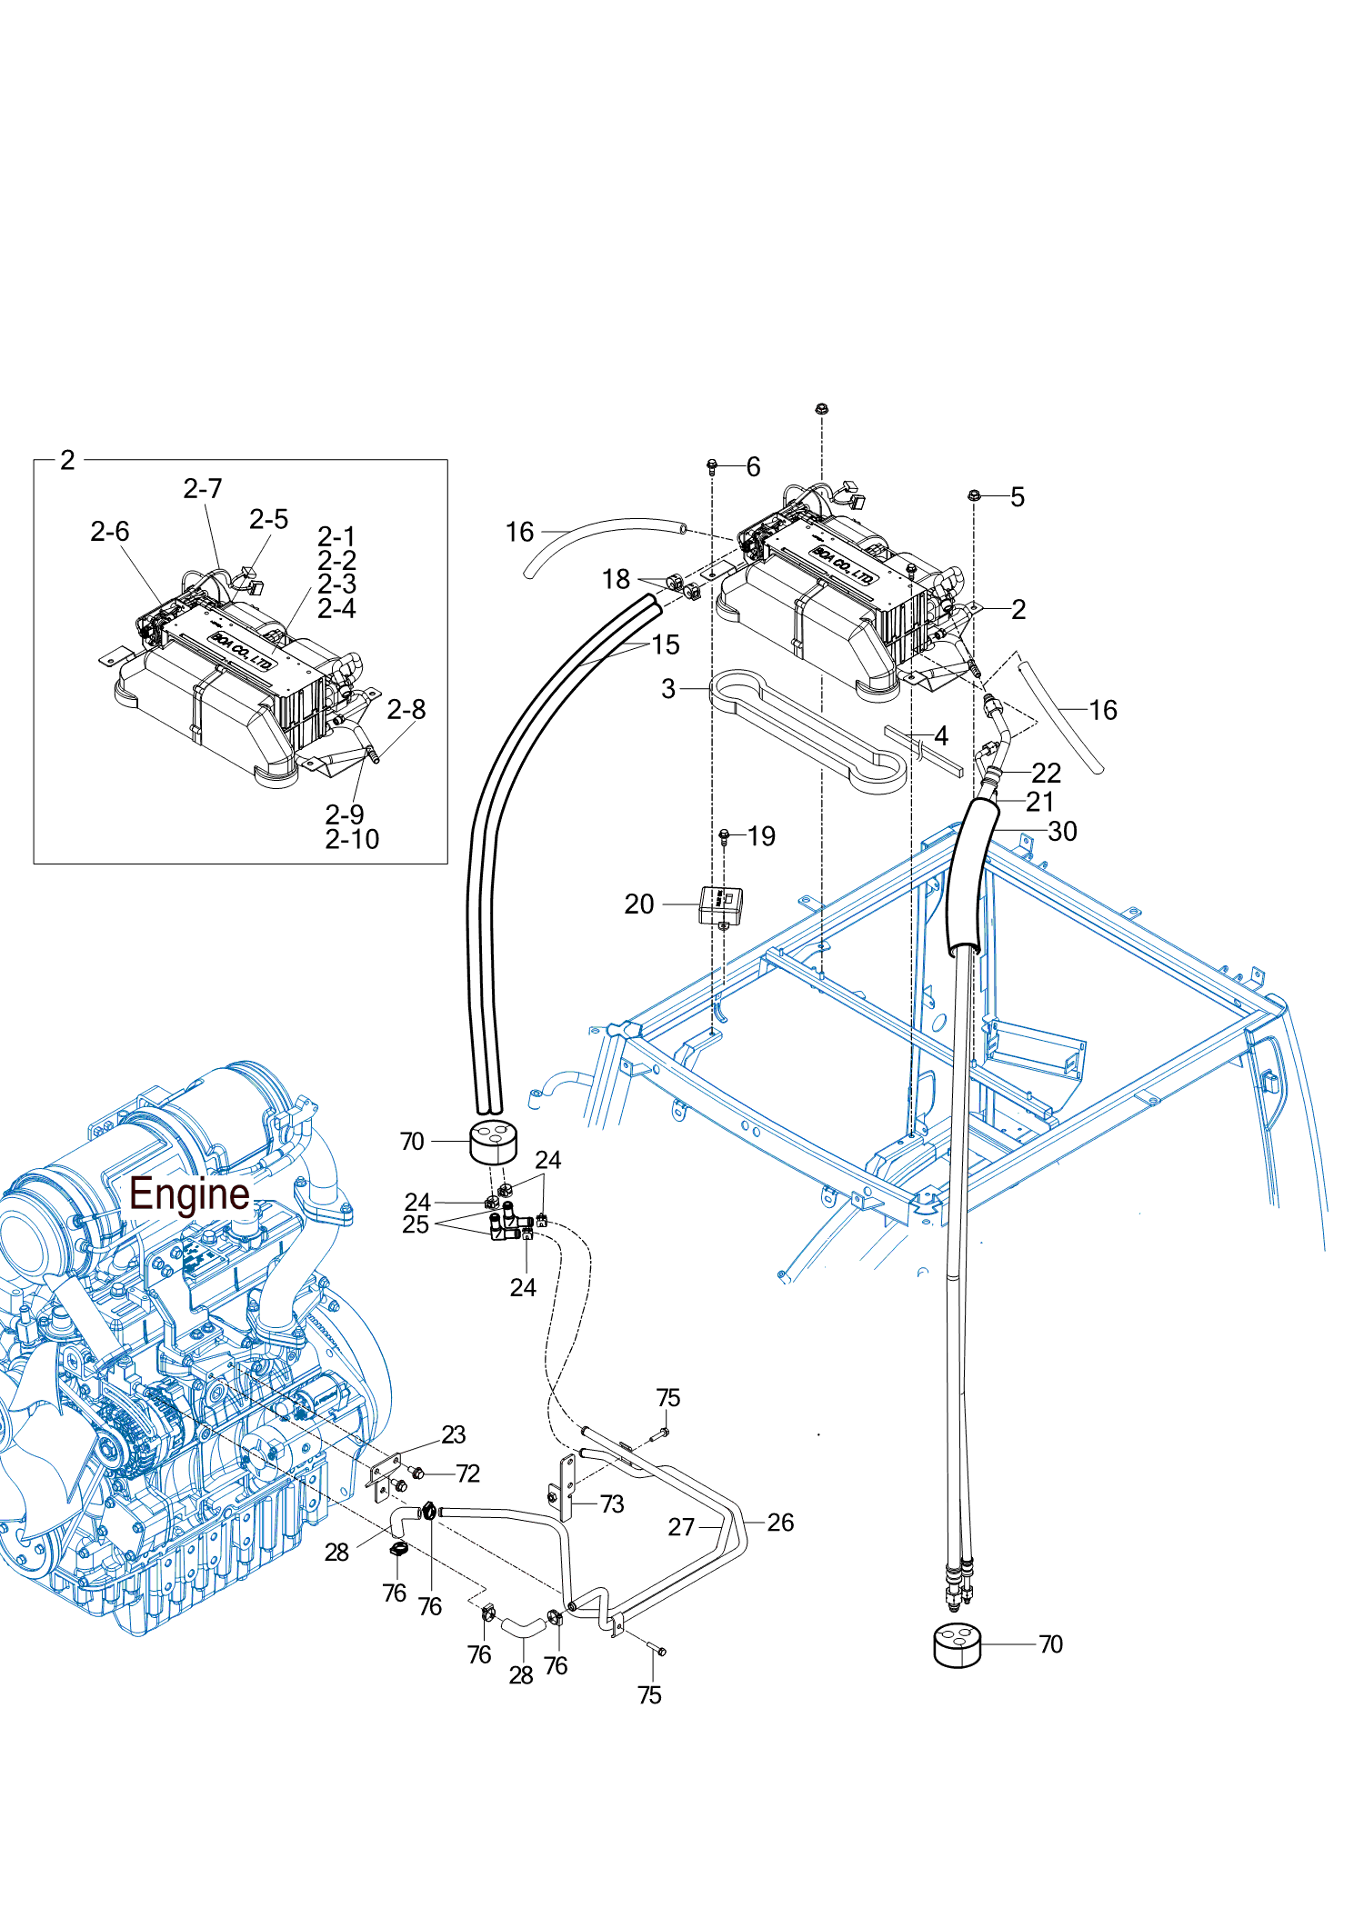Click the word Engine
pos(189,1194)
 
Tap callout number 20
pos(639,904)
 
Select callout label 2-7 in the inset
pos(203,489)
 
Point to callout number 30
pos(1062,831)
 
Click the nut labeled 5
pos(974,495)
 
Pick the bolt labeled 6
pos(712,466)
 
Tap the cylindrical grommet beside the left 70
pos(493,1142)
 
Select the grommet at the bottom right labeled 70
pos(958,1644)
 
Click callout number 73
pos(612,1504)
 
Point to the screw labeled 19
pos(724,834)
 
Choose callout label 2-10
pos(352,839)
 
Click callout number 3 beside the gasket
pos(668,689)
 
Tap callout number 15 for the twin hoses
pos(666,644)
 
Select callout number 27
pos(681,1527)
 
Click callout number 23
pos(453,1434)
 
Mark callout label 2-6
pos(110,532)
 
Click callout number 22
pos(1046,773)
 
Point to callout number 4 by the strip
pos(941,735)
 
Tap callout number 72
pos(467,1473)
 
